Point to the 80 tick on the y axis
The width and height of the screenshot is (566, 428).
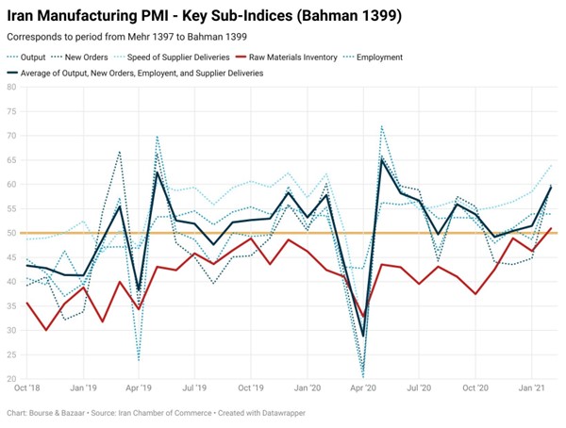[11, 87]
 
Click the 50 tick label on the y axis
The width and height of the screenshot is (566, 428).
[11, 233]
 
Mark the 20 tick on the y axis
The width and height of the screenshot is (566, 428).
[11, 379]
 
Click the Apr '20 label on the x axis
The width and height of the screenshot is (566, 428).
[363, 387]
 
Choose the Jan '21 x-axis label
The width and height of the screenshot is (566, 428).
[533, 387]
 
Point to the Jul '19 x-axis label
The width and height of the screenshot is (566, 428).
[194, 387]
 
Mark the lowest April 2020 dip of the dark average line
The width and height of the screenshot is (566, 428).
[363, 336]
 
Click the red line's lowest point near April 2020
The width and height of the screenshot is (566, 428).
[363, 316]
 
